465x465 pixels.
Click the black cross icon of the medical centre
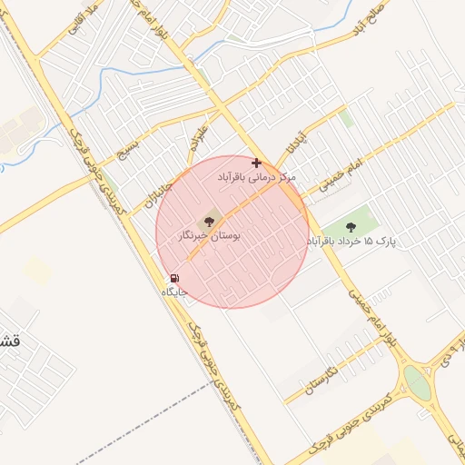point(257,163)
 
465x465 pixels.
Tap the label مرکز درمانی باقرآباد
point(257,178)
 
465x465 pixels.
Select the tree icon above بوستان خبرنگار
point(211,221)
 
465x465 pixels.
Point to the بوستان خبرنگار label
point(210,236)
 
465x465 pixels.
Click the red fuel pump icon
point(173,279)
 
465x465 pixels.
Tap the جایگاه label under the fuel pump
point(173,292)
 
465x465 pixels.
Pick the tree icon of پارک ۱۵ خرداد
point(351,226)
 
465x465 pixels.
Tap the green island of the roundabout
point(417,382)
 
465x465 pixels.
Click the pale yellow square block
point(37,270)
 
